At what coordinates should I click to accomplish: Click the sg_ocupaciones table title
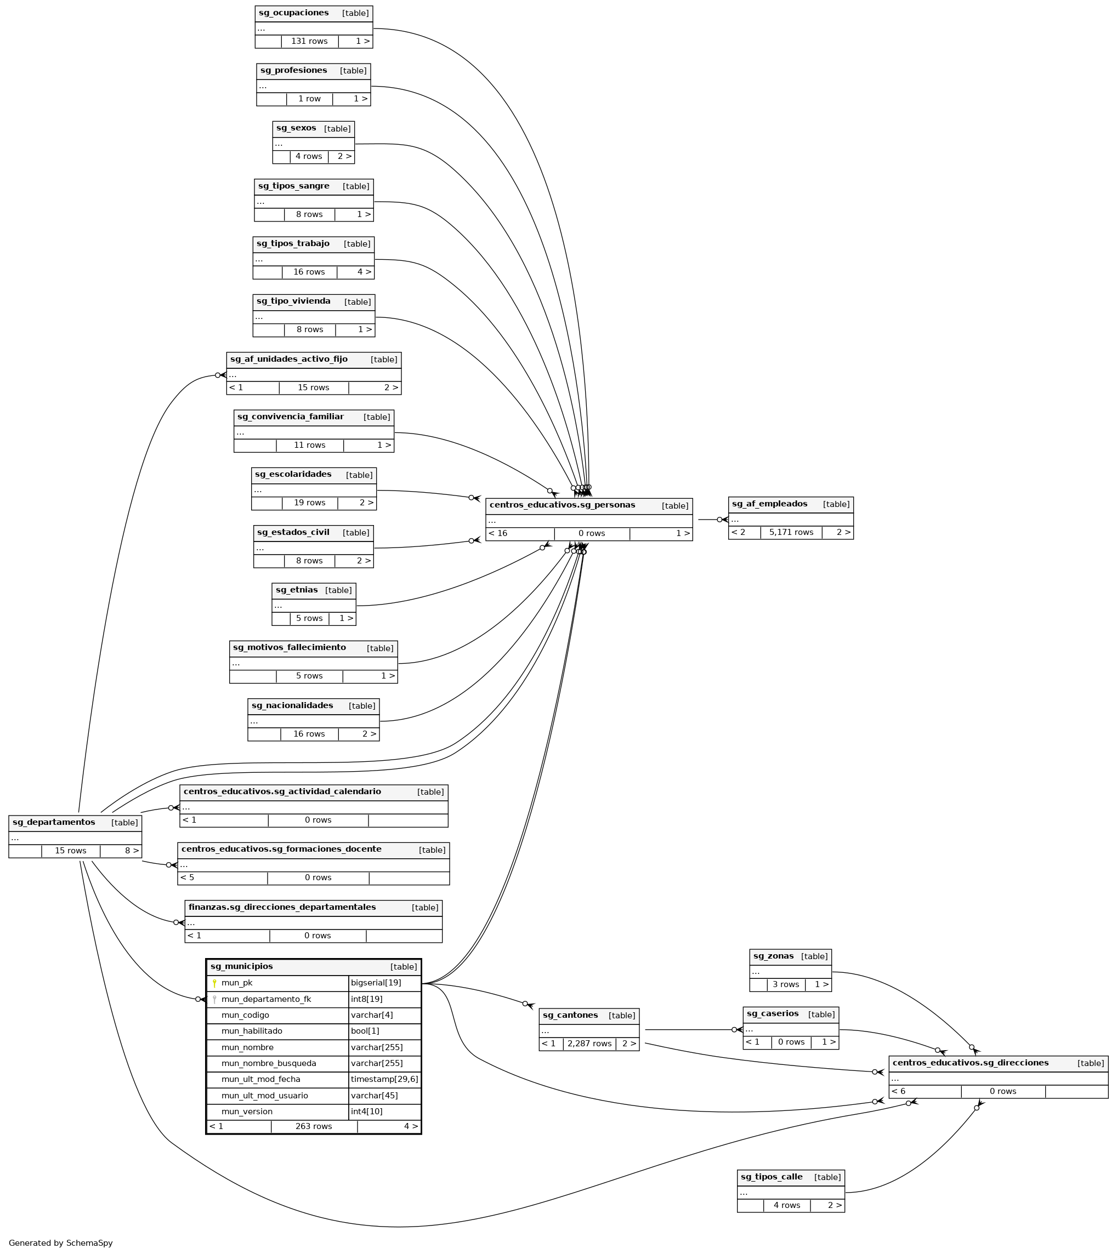click(293, 13)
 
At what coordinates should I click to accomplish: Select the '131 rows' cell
click(309, 41)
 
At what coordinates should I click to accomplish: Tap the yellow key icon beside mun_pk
click(214, 983)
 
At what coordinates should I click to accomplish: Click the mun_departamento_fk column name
click(266, 999)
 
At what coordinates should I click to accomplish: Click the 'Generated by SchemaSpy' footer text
click(61, 1242)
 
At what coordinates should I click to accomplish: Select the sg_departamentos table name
click(53, 822)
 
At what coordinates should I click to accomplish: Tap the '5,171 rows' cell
click(791, 532)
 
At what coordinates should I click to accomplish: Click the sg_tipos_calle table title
click(771, 1177)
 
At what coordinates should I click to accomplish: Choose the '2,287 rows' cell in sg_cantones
click(589, 1044)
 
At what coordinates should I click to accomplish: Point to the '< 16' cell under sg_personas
click(498, 533)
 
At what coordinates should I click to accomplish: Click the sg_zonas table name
click(773, 956)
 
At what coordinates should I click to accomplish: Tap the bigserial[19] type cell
click(376, 983)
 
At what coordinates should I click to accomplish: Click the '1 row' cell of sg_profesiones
click(309, 99)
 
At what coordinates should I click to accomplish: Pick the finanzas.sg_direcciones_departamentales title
click(282, 907)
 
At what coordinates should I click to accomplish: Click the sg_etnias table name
click(297, 590)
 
